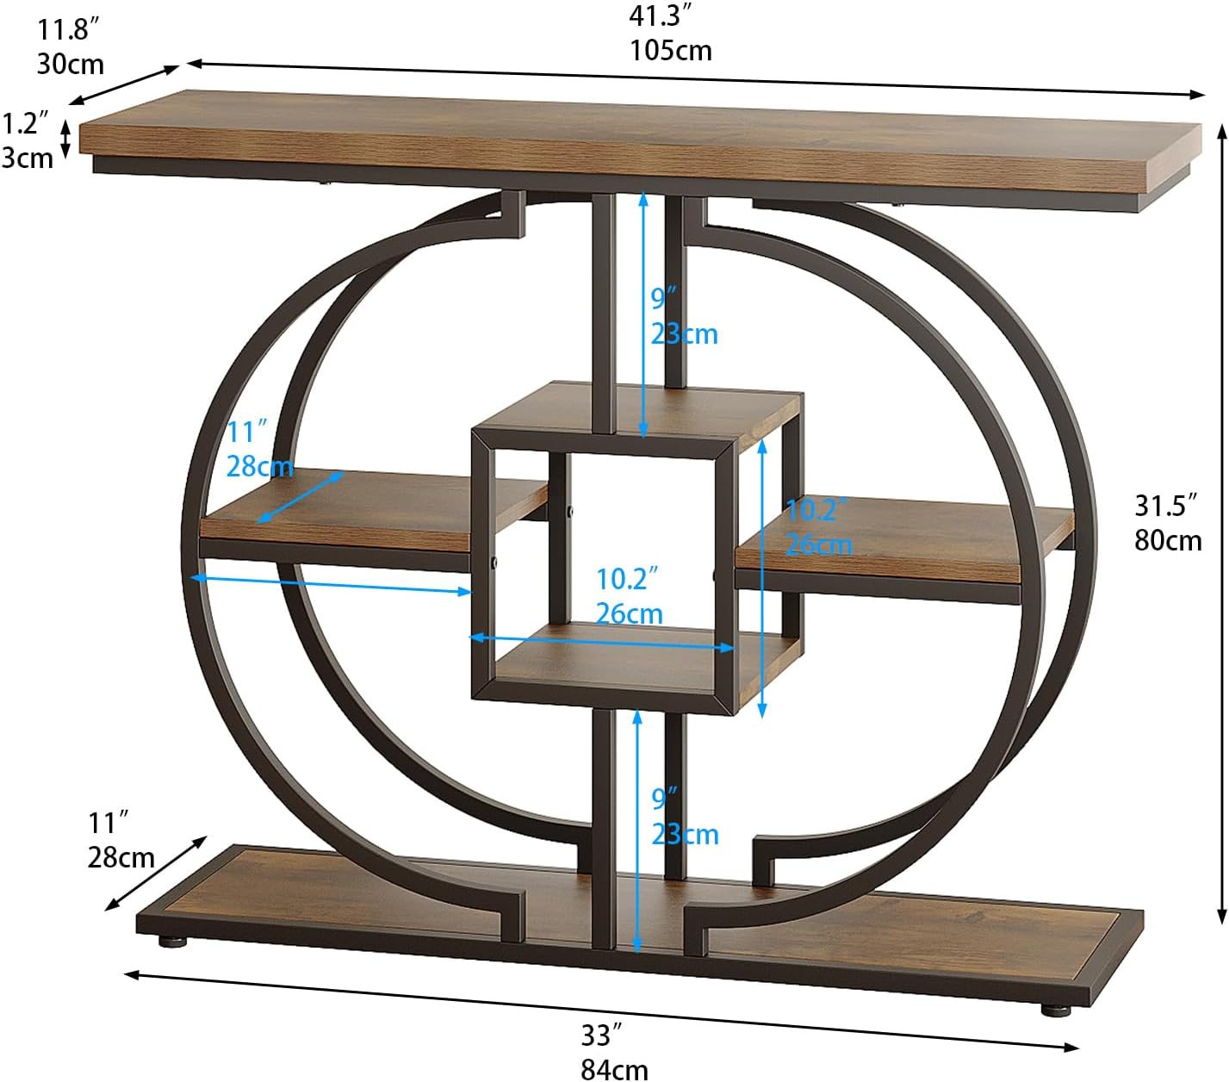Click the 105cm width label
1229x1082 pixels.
pos(670,50)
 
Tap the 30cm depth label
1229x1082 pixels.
pos(70,64)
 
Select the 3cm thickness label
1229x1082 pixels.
pos(27,158)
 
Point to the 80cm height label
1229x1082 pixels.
pos(1168,540)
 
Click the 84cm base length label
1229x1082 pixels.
pos(614,1069)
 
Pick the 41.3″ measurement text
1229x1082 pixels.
pos(661,16)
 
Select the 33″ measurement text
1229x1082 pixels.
pos(601,1034)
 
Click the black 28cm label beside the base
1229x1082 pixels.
pos(121,857)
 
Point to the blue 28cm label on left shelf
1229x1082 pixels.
pos(258,466)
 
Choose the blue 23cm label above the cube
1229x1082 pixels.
pos(684,333)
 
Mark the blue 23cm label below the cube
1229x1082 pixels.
pos(684,834)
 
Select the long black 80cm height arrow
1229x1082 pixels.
pos(1220,523)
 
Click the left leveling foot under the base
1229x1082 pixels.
pos(172,940)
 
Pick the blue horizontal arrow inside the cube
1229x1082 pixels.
pos(601,643)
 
